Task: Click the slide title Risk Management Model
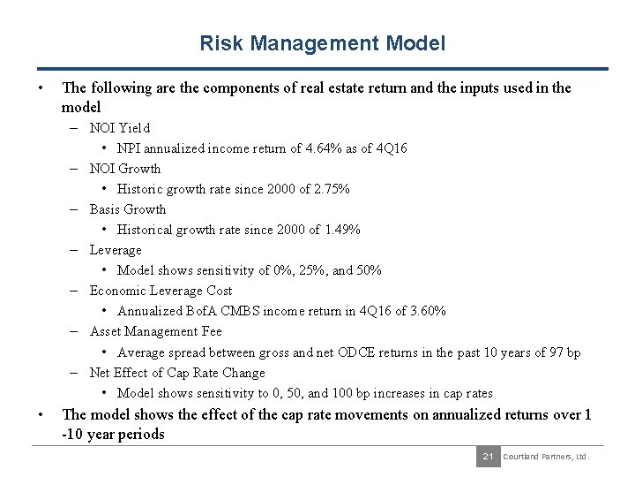pos(322,42)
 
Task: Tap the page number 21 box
pos(487,456)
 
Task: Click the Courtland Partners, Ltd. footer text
pos(545,456)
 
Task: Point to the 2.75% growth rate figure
pos(332,189)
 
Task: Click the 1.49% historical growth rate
pos(342,230)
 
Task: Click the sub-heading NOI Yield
pos(120,128)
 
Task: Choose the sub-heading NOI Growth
pos(125,169)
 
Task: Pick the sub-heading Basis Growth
pos(127,209)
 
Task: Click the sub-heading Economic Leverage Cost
pos(161,291)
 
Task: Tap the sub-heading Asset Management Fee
pos(155,331)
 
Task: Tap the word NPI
pos(128,148)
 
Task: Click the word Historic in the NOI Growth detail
pos(139,189)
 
